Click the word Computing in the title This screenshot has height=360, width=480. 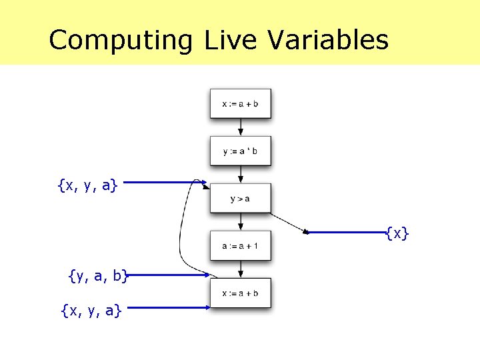(120, 40)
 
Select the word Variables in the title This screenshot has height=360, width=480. (328, 40)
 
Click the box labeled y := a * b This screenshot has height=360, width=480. (241, 151)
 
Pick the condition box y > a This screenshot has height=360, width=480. (241, 198)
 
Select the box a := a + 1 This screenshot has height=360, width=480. (241, 245)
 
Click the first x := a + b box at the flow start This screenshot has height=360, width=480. (241, 103)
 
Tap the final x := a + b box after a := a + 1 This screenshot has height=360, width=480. (241, 293)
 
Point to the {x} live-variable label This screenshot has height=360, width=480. (397, 233)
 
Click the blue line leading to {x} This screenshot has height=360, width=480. (347, 233)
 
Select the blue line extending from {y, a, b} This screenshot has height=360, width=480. (167, 274)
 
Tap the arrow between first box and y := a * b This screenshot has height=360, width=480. (241, 127)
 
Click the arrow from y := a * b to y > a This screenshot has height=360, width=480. (241, 175)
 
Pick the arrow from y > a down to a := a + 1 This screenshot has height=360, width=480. (241, 222)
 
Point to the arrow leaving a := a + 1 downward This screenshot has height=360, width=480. (241, 269)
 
